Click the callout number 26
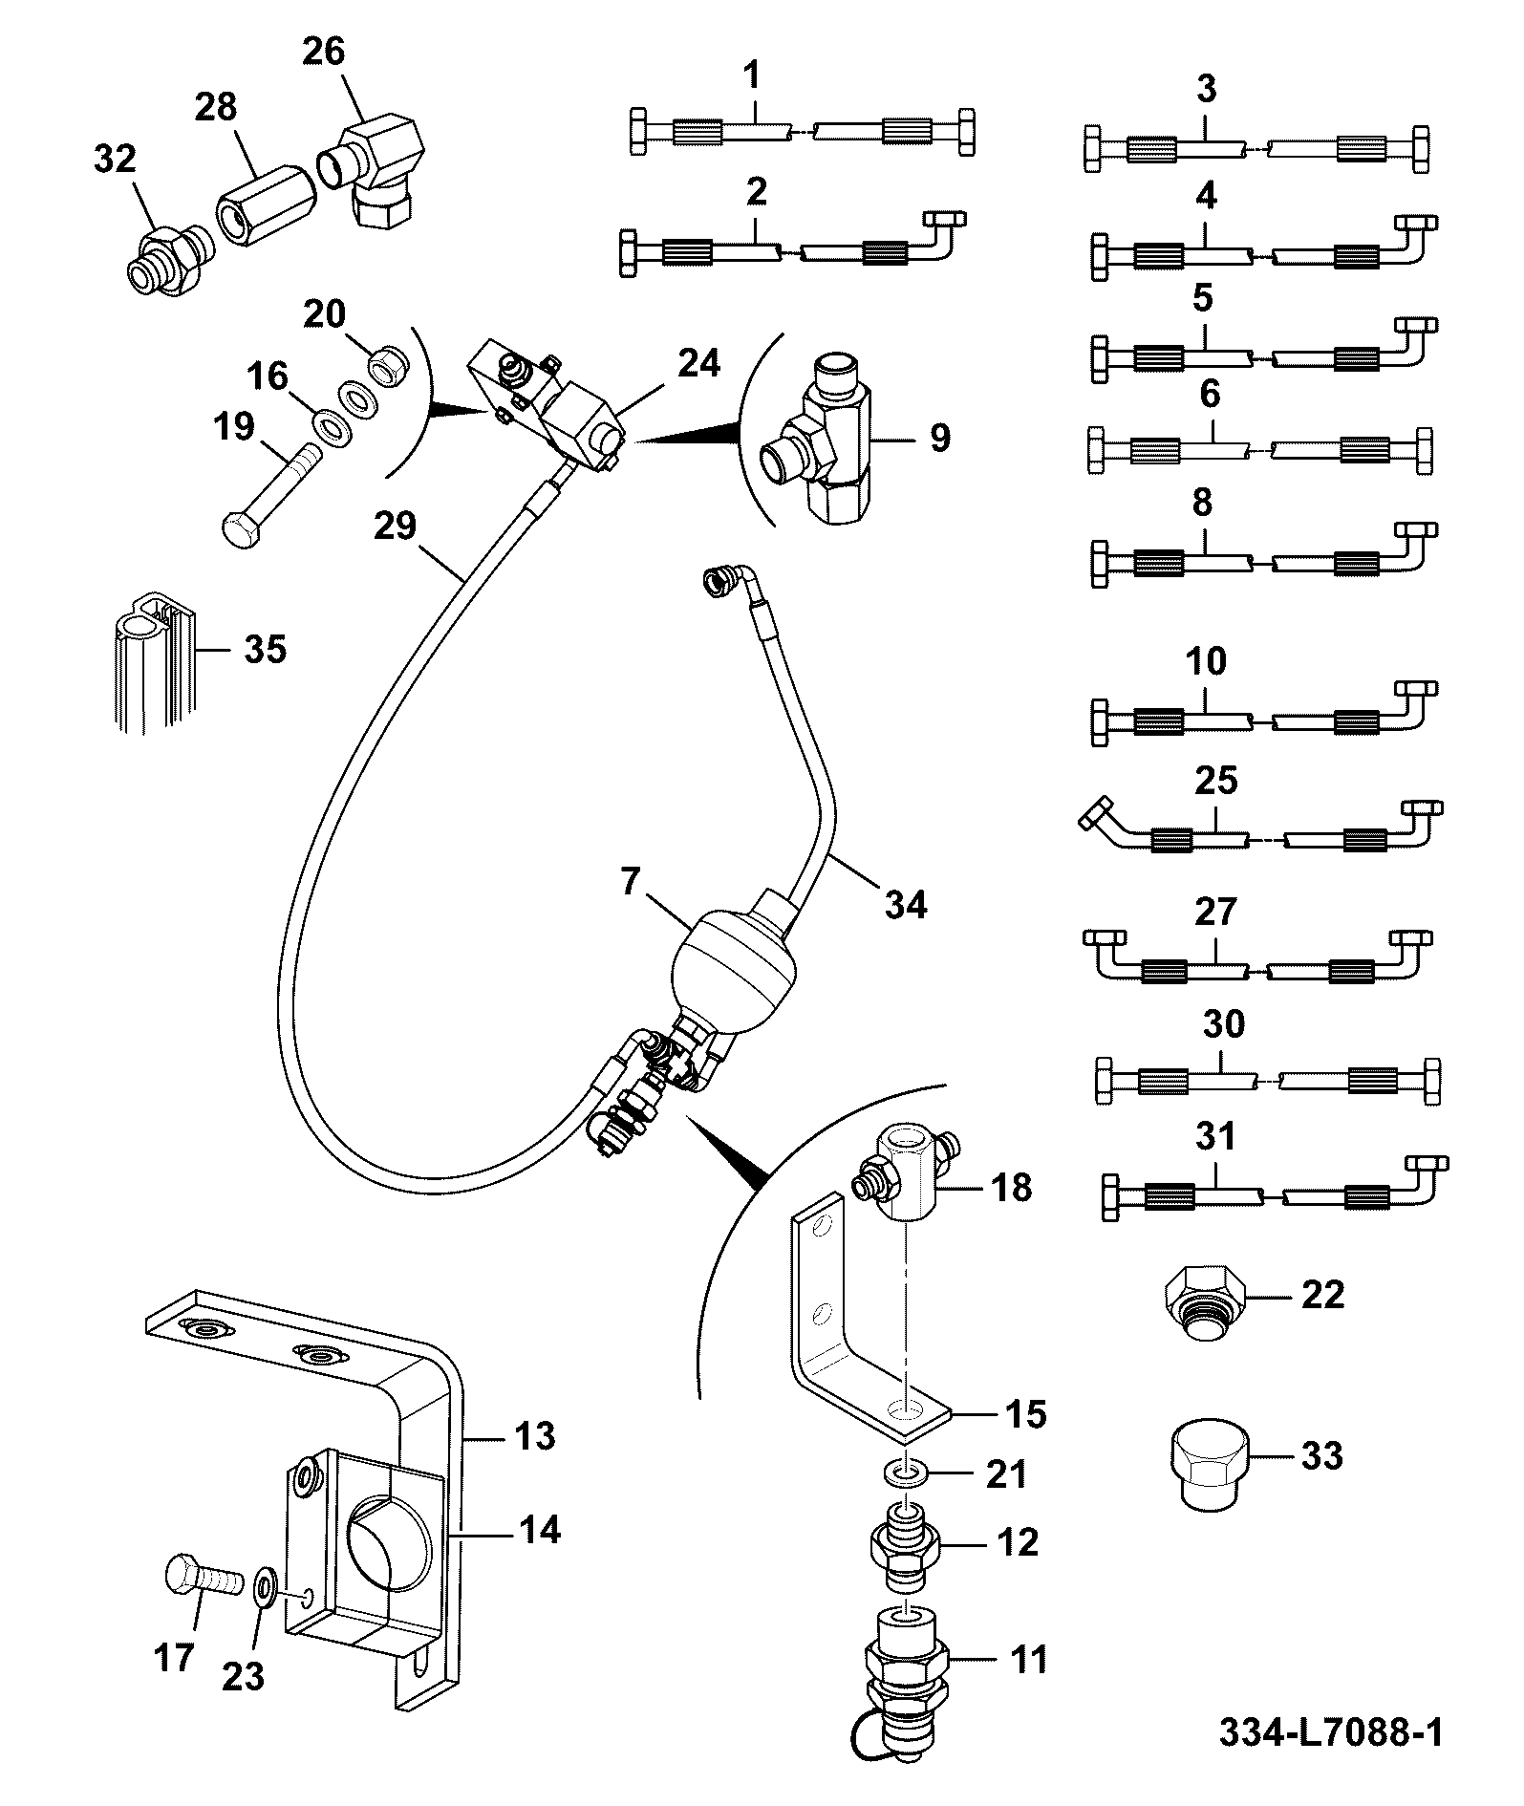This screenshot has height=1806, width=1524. [x=323, y=51]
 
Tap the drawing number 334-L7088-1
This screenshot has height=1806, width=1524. [x=1330, y=1731]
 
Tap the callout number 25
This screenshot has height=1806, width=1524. [x=1216, y=781]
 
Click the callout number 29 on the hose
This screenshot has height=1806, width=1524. [x=396, y=526]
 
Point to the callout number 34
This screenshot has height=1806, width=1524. [x=906, y=903]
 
